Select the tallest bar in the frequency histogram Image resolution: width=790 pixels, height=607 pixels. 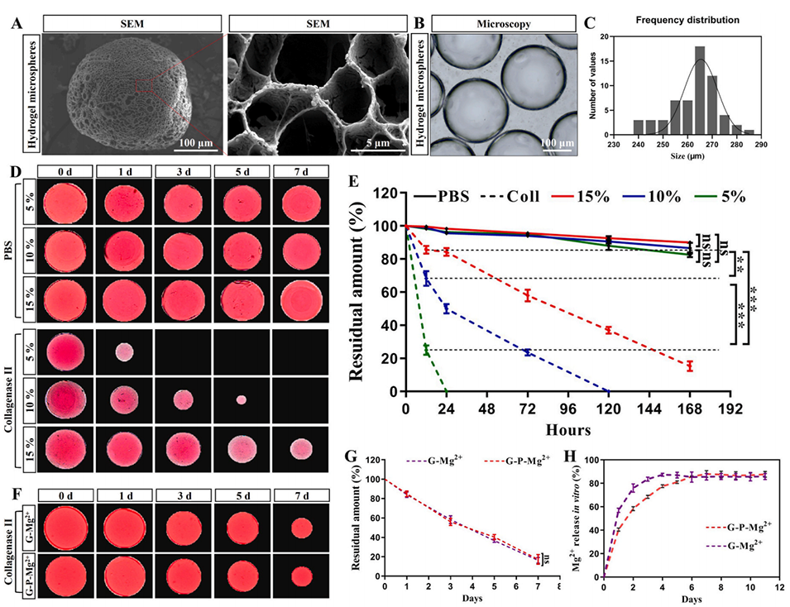click(699, 91)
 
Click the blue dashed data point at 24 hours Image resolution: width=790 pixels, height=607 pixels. click(446, 308)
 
